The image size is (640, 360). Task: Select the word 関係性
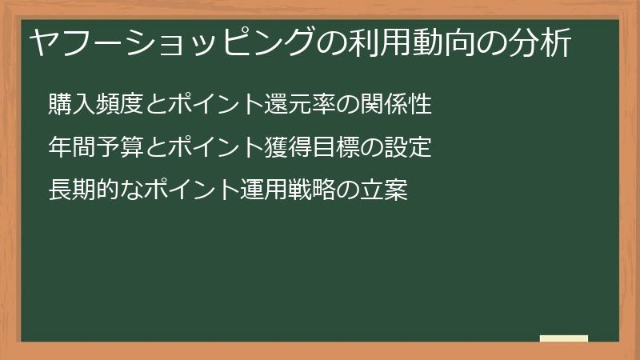click(397, 105)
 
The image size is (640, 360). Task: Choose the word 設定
click(409, 148)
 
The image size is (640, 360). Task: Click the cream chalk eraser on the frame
click(564, 338)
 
